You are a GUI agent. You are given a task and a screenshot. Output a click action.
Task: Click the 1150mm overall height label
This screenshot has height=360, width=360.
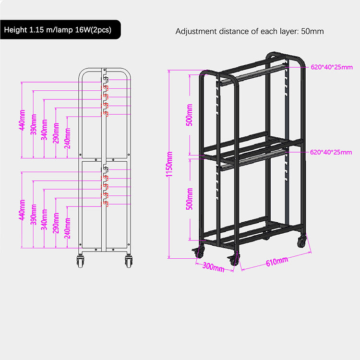[169, 164]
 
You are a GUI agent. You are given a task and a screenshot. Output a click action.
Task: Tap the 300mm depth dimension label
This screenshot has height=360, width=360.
[213, 267]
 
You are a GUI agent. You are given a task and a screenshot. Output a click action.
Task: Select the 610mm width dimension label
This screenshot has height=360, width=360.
[277, 262]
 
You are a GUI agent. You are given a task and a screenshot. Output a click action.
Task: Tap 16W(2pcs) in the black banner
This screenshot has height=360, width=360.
[93, 30]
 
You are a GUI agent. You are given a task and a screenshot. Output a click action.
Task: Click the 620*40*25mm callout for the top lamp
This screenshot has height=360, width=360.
[332, 67]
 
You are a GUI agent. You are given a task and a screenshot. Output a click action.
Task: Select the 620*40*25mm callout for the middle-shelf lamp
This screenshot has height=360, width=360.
[331, 152]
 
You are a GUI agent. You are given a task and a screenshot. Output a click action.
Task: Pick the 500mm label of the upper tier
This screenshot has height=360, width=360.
[189, 115]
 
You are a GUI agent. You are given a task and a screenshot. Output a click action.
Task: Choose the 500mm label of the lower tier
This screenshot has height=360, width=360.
[189, 199]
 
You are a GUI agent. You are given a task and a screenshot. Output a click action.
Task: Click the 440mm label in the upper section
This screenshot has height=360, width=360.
[22, 120]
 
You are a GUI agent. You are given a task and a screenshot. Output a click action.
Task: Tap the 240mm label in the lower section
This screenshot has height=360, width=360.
[68, 228]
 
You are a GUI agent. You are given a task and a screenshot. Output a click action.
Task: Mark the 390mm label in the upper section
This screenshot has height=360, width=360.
[34, 124]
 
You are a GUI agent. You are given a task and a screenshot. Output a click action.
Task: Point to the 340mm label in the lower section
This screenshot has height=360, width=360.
[44, 219]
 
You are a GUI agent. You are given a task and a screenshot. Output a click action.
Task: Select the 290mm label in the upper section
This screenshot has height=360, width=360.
[56, 133]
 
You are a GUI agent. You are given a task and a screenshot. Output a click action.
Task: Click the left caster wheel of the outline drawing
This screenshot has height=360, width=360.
[80, 262]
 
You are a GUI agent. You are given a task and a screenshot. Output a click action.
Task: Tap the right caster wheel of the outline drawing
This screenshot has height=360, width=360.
[129, 262]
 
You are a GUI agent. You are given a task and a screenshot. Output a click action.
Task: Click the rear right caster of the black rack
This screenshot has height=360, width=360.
[302, 241]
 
